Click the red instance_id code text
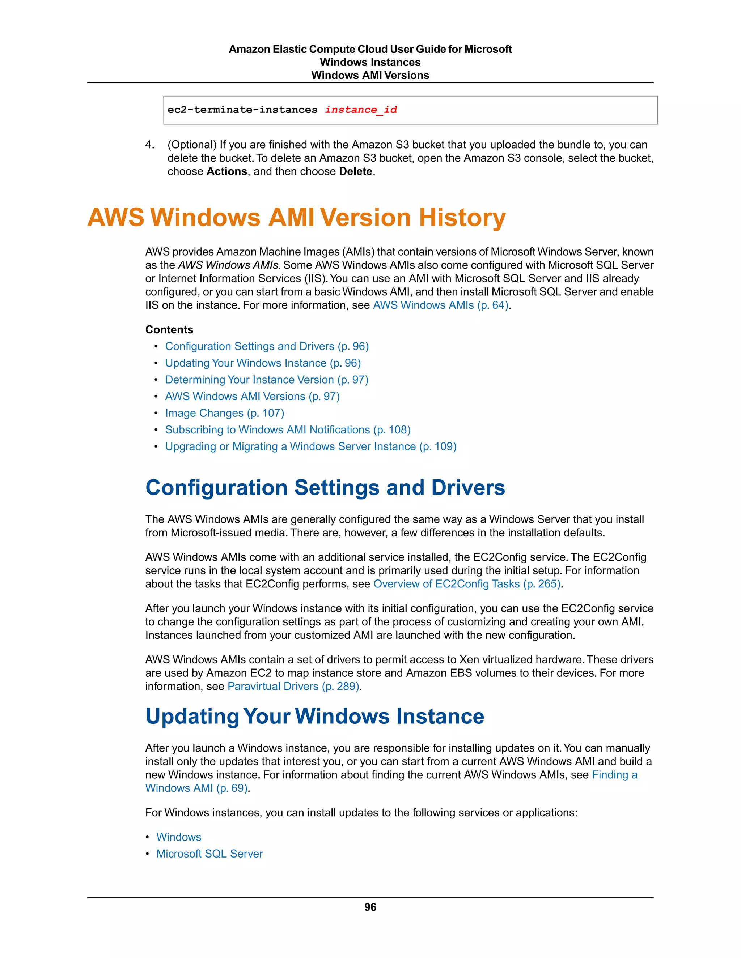[x=361, y=110]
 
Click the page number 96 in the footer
[x=370, y=907]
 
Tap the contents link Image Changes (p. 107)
[x=224, y=413]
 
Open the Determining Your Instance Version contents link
[x=266, y=380]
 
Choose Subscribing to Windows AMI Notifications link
[x=288, y=430]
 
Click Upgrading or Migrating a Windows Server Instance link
[x=310, y=446]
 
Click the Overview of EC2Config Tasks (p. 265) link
[x=467, y=584]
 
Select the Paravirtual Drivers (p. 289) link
[x=293, y=686]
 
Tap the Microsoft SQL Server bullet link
[x=209, y=854]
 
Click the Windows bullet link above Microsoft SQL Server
[x=179, y=837]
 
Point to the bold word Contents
[x=169, y=329]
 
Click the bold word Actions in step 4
[x=226, y=171]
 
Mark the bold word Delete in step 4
[x=356, y=171]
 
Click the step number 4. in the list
[x=150, y=145]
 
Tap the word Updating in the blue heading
[x=192, y=716]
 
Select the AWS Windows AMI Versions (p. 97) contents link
[x=252, y=397]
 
